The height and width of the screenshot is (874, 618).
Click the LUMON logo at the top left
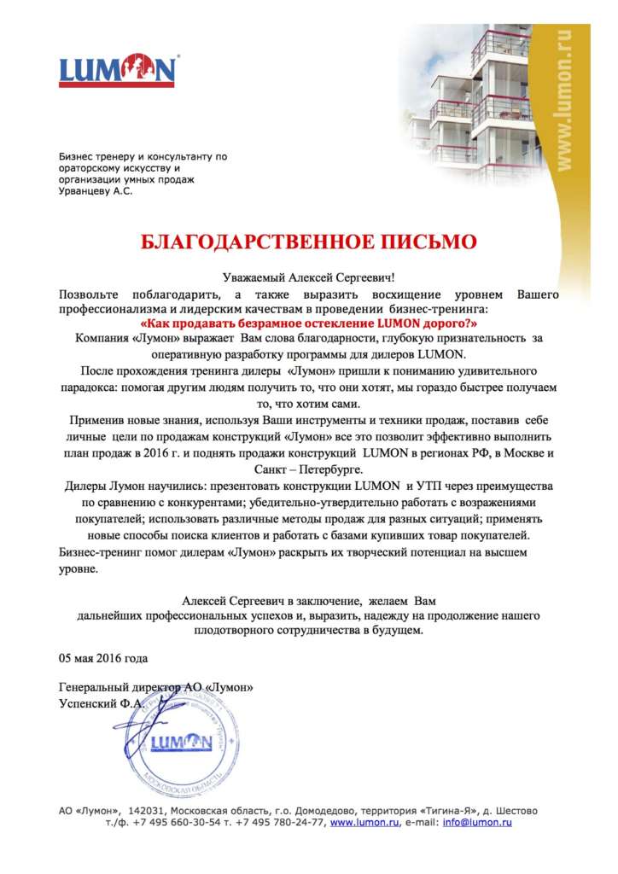pos(118,69)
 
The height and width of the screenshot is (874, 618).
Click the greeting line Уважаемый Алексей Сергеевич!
pos(308,277)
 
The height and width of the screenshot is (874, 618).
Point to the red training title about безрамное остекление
pos(308,323)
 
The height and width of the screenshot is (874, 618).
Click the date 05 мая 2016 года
pos(103,658)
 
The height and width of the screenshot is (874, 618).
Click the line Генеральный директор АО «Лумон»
pos(156,687)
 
